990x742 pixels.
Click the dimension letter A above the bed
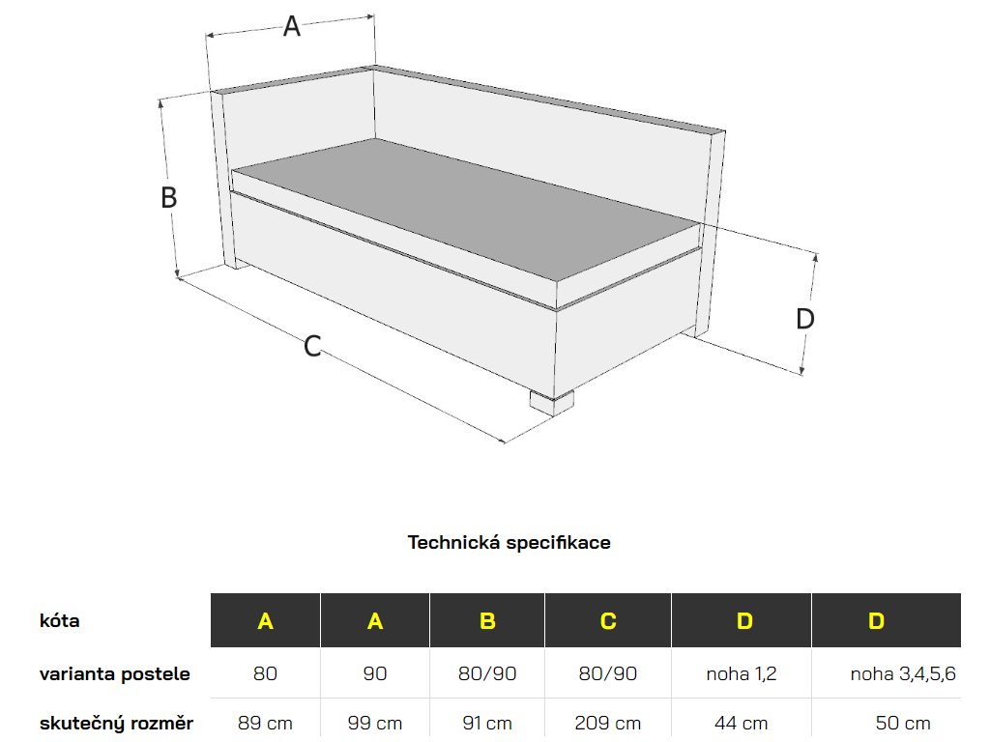click(291, 27)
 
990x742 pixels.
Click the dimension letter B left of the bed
click(168, 198)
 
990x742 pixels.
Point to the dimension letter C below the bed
click(312, 346)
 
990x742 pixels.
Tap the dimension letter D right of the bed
click(805, 319)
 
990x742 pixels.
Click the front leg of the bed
click(552, 401)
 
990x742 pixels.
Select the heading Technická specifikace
click(509, 542)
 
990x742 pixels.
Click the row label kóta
click(60, 620)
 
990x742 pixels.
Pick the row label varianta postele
click(115, 673)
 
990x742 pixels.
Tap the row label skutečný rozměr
click(117, 723)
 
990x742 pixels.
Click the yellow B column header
click(487, 621)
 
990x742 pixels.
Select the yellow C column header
click(608, 621)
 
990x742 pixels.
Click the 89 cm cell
click(265, 723)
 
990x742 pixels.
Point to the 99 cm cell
click(375, 723)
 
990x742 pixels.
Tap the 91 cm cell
click(487, 723)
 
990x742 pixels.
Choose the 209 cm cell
click(608, 723)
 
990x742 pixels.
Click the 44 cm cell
click(742, 723)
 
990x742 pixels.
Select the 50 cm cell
click(903, 723)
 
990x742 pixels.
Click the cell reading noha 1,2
click(742, 673)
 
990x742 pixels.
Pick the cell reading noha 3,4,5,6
click(903, 673)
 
